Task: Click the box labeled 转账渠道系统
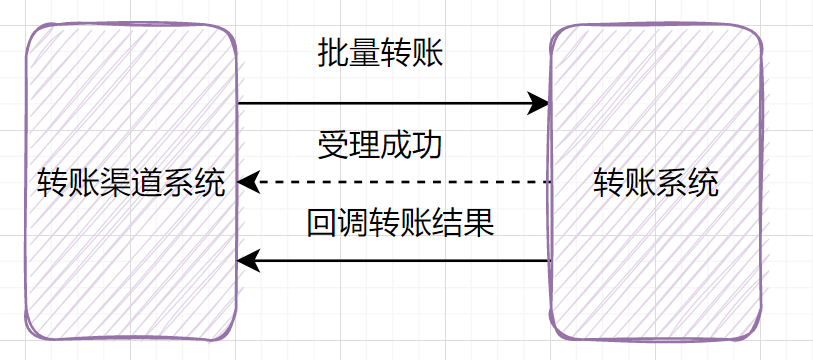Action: coord(131,250)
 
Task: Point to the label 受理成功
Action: coord(379,145)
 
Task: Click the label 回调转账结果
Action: coord(400,222)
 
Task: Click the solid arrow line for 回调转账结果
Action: coord(400,261)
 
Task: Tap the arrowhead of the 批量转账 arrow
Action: coord(540,103)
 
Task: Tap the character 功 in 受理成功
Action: coord(427,145)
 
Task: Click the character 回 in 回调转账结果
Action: coord(321,222)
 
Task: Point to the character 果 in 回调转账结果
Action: coord(479,222)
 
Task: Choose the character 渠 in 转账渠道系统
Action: coord(115,183)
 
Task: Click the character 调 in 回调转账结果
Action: coord(353,222)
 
